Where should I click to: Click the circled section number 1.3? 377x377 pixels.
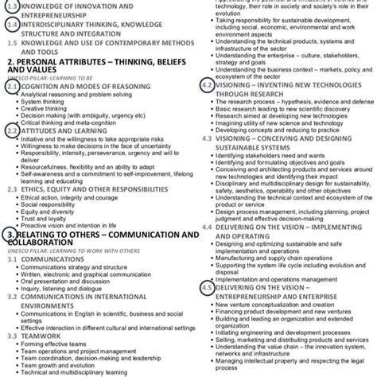(10, 6)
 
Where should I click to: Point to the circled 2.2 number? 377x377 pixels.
(10, 130)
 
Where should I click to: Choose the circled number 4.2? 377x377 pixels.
(207, 84)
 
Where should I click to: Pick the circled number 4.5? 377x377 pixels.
(207, 287)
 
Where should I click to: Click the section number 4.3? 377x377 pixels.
(207, 138)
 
